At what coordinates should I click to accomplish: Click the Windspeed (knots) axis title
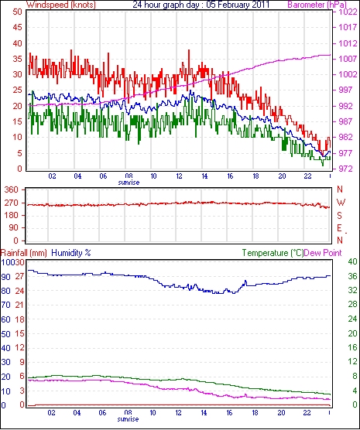coord(61,5)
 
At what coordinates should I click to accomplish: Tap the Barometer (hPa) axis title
coord(317,5)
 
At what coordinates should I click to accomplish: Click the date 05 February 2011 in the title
coord(238,5)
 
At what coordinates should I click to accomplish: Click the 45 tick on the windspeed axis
coord(17,27)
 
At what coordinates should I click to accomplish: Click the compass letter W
coord(341,203)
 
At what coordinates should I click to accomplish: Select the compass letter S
coord(340,216)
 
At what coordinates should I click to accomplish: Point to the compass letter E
coord(340,228)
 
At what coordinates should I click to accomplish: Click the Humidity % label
coord(71,253)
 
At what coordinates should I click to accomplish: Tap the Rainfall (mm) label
coord(24,253)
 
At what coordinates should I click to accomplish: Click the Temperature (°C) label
coord(273,253)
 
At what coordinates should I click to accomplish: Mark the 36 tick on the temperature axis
coord(352,276)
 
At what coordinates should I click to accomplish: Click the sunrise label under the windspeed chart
coord(129,183)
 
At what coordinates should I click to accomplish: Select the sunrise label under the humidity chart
coord(128,419)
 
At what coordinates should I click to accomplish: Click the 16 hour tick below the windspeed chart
coord(230,176)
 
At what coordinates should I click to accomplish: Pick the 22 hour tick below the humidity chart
coord(307,413)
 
